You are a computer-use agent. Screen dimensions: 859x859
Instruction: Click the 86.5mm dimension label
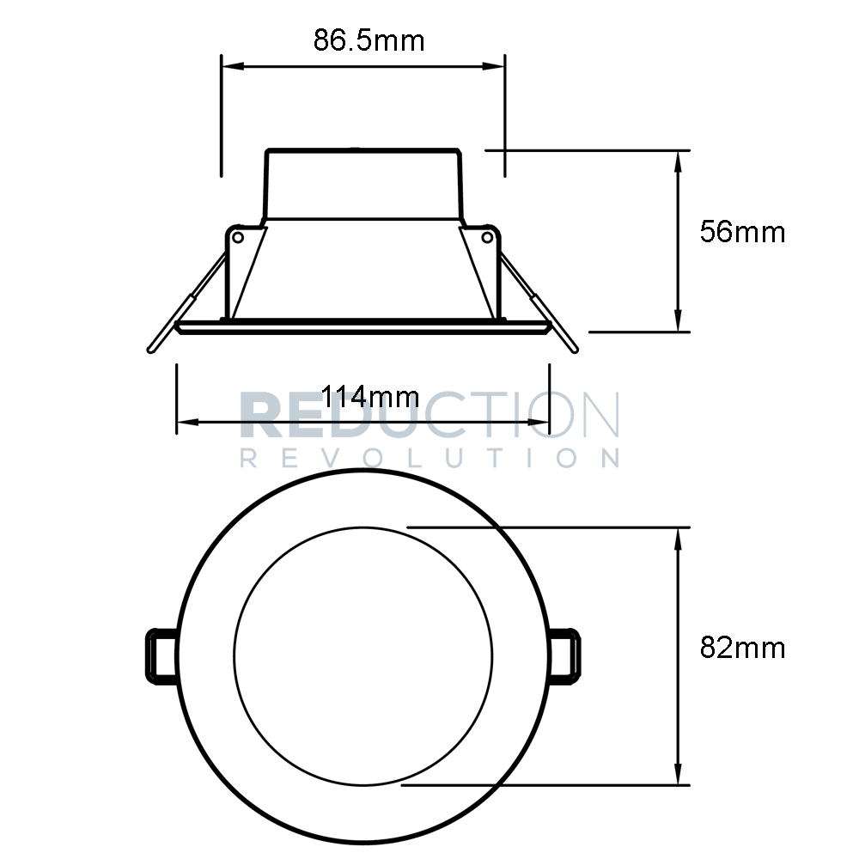click(369, 40)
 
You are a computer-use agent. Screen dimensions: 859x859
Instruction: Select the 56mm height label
click(742, 232)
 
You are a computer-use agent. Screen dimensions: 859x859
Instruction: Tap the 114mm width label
click(370, 397)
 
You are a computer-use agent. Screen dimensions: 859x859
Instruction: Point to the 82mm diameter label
click(742, 648)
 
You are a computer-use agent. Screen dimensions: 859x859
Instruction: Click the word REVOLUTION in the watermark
click(429, 457)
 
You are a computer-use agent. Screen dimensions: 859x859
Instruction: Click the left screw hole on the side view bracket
click(239, 235)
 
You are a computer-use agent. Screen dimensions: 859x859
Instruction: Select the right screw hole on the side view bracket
click(486, 235)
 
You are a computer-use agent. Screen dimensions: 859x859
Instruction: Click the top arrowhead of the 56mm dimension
click(679, 159)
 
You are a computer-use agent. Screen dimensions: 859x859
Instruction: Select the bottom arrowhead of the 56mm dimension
click(679, 322)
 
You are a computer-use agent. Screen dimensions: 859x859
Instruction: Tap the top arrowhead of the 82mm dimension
click(679, 536)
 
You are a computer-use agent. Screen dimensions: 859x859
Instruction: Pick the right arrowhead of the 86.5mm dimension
click(497, 65)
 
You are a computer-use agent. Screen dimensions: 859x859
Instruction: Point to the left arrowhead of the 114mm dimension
click(186, 422)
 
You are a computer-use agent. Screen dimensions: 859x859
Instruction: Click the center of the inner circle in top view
click(362, 655)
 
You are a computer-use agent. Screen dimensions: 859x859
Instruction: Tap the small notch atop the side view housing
click(354, 149)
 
